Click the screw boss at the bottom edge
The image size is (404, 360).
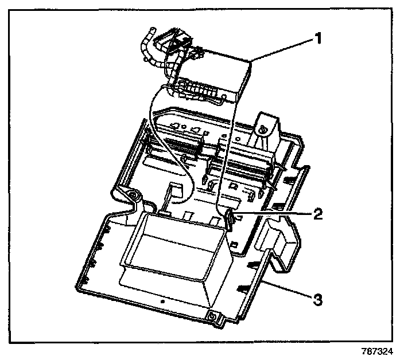(213, 316)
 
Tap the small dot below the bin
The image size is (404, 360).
(162, 299)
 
